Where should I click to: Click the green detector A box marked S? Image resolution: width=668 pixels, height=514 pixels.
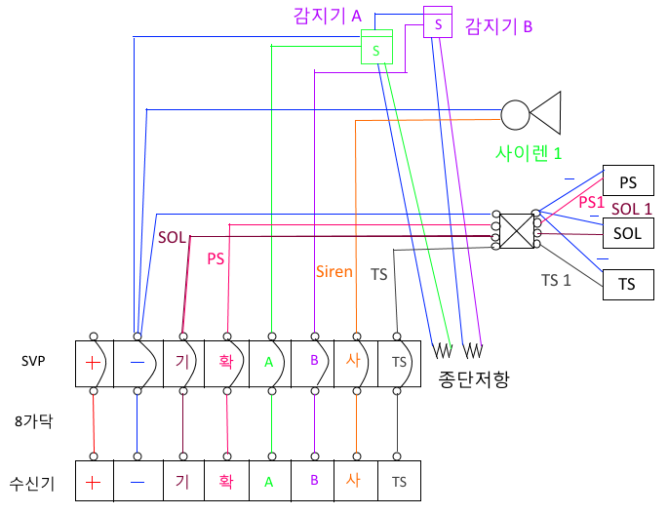(x=376, y=47)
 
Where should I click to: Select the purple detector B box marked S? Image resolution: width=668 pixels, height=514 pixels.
(x=438, y=22)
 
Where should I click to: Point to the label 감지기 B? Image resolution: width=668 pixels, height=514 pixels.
(x=498, y=26)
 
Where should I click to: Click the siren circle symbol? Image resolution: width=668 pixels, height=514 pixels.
(x=514, y=114)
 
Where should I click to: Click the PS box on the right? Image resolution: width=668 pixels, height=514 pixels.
(x=628, y=182)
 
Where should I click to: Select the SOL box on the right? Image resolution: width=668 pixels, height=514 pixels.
(x=628, y=233)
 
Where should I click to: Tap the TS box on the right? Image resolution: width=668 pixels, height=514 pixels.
(x=628, y=284)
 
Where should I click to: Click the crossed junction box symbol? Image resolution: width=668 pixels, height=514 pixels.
(x=516, y=230)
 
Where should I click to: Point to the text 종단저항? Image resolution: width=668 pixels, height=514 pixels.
(x=469, y=377)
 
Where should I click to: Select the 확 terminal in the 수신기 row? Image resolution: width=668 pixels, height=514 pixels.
(x=226, y=481)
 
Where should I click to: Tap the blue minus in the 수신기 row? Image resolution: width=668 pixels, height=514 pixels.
(x=138, y=481)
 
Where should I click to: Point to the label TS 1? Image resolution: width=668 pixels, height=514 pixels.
(x=557, y=280)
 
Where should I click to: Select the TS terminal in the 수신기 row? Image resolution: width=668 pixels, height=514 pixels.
(x=399, y=481)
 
